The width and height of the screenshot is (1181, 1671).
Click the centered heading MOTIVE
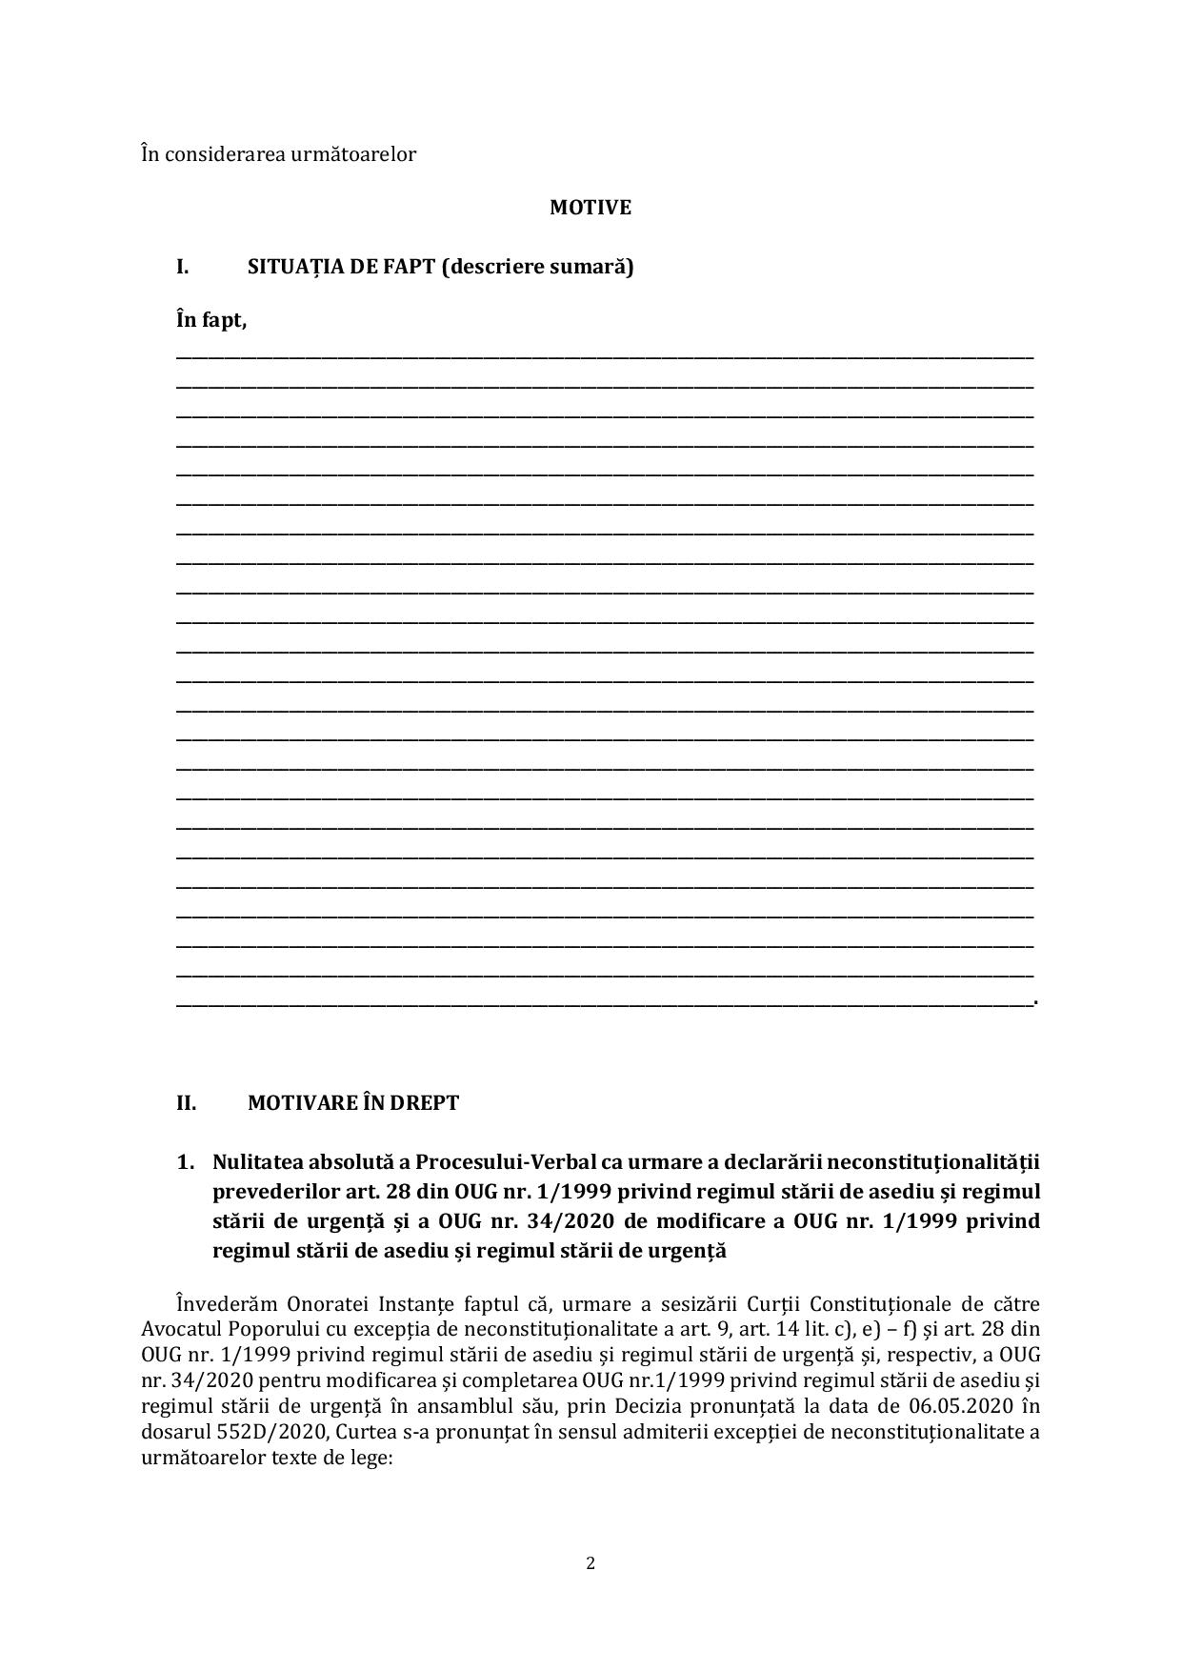click(590, 208)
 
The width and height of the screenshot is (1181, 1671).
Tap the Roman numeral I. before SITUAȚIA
click(182, 267)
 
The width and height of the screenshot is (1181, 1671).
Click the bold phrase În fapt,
click(211, 320)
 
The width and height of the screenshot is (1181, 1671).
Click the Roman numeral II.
click(186, 1103)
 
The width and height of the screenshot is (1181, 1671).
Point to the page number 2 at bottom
click(590, 1562)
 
